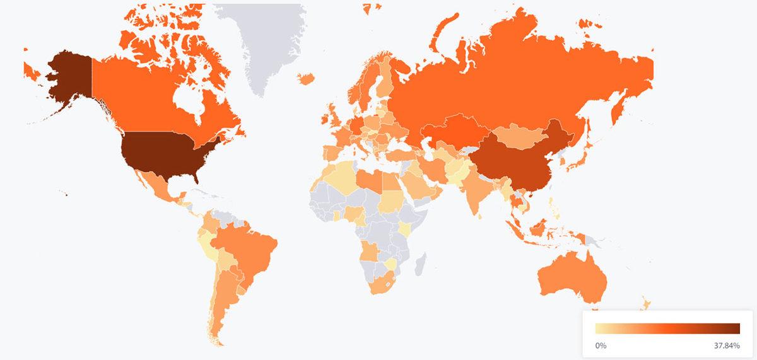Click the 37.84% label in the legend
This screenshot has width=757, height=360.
(727, 345)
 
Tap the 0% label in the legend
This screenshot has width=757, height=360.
(601, 345)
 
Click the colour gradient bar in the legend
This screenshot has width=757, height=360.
(667, 328)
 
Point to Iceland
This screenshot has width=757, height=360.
(306, 78)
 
